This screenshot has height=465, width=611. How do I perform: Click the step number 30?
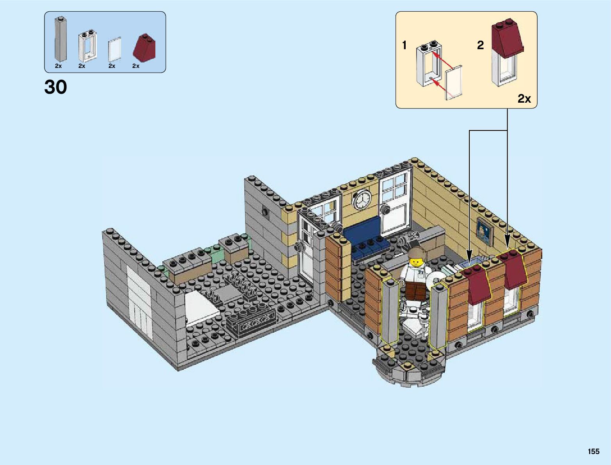pyautogui.click(x=56, y=87)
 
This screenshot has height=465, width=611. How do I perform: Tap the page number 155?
pyautogui.click(x=593, y=451)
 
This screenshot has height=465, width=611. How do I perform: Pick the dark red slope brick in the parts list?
pyautogui.click(x=144, y=48)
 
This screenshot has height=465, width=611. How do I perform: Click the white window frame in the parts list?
pyautogui.click(x=88, y=45)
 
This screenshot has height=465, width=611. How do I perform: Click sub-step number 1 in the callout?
pyautogui.click(x=404, y=46)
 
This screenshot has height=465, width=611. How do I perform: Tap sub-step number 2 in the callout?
pyautogui.click(x=480, y=45)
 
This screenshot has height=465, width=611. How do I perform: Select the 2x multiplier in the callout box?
pyautogui.click(x=524, y=99)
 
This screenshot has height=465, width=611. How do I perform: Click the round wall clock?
pyautogui.click(x=361, y=200)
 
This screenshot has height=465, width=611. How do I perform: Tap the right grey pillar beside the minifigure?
pyautogui.click(x=438, y=316)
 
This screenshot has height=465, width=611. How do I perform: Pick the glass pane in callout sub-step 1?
pyautogui.click(x=453, y=83)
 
